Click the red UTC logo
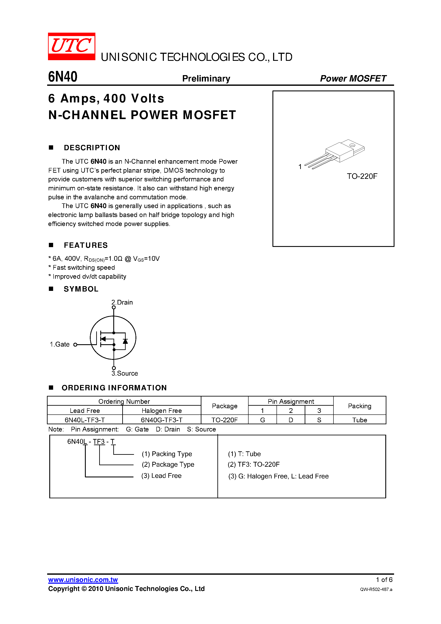pos(71,46)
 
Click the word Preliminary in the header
pos(206,79)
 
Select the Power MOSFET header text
pos(353,79)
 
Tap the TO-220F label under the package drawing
pos(362,176)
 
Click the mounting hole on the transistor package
pos(352,145)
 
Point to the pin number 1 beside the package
pos(300,167)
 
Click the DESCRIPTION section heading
pos(92,148)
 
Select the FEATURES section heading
pos(86,245)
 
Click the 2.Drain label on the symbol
pos(122,302)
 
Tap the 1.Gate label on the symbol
pos(60,344)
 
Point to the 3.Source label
pos(125,373)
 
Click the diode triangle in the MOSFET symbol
pos(125,341)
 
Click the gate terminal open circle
pos(75,345)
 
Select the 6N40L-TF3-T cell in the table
pos(85,420)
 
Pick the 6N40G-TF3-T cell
pos(162,420)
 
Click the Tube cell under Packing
pos(359,420)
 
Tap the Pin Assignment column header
pos(291,401)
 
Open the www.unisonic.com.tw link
pos(83,580)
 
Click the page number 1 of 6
pos(384,580)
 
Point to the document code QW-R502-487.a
pos(376,589)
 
